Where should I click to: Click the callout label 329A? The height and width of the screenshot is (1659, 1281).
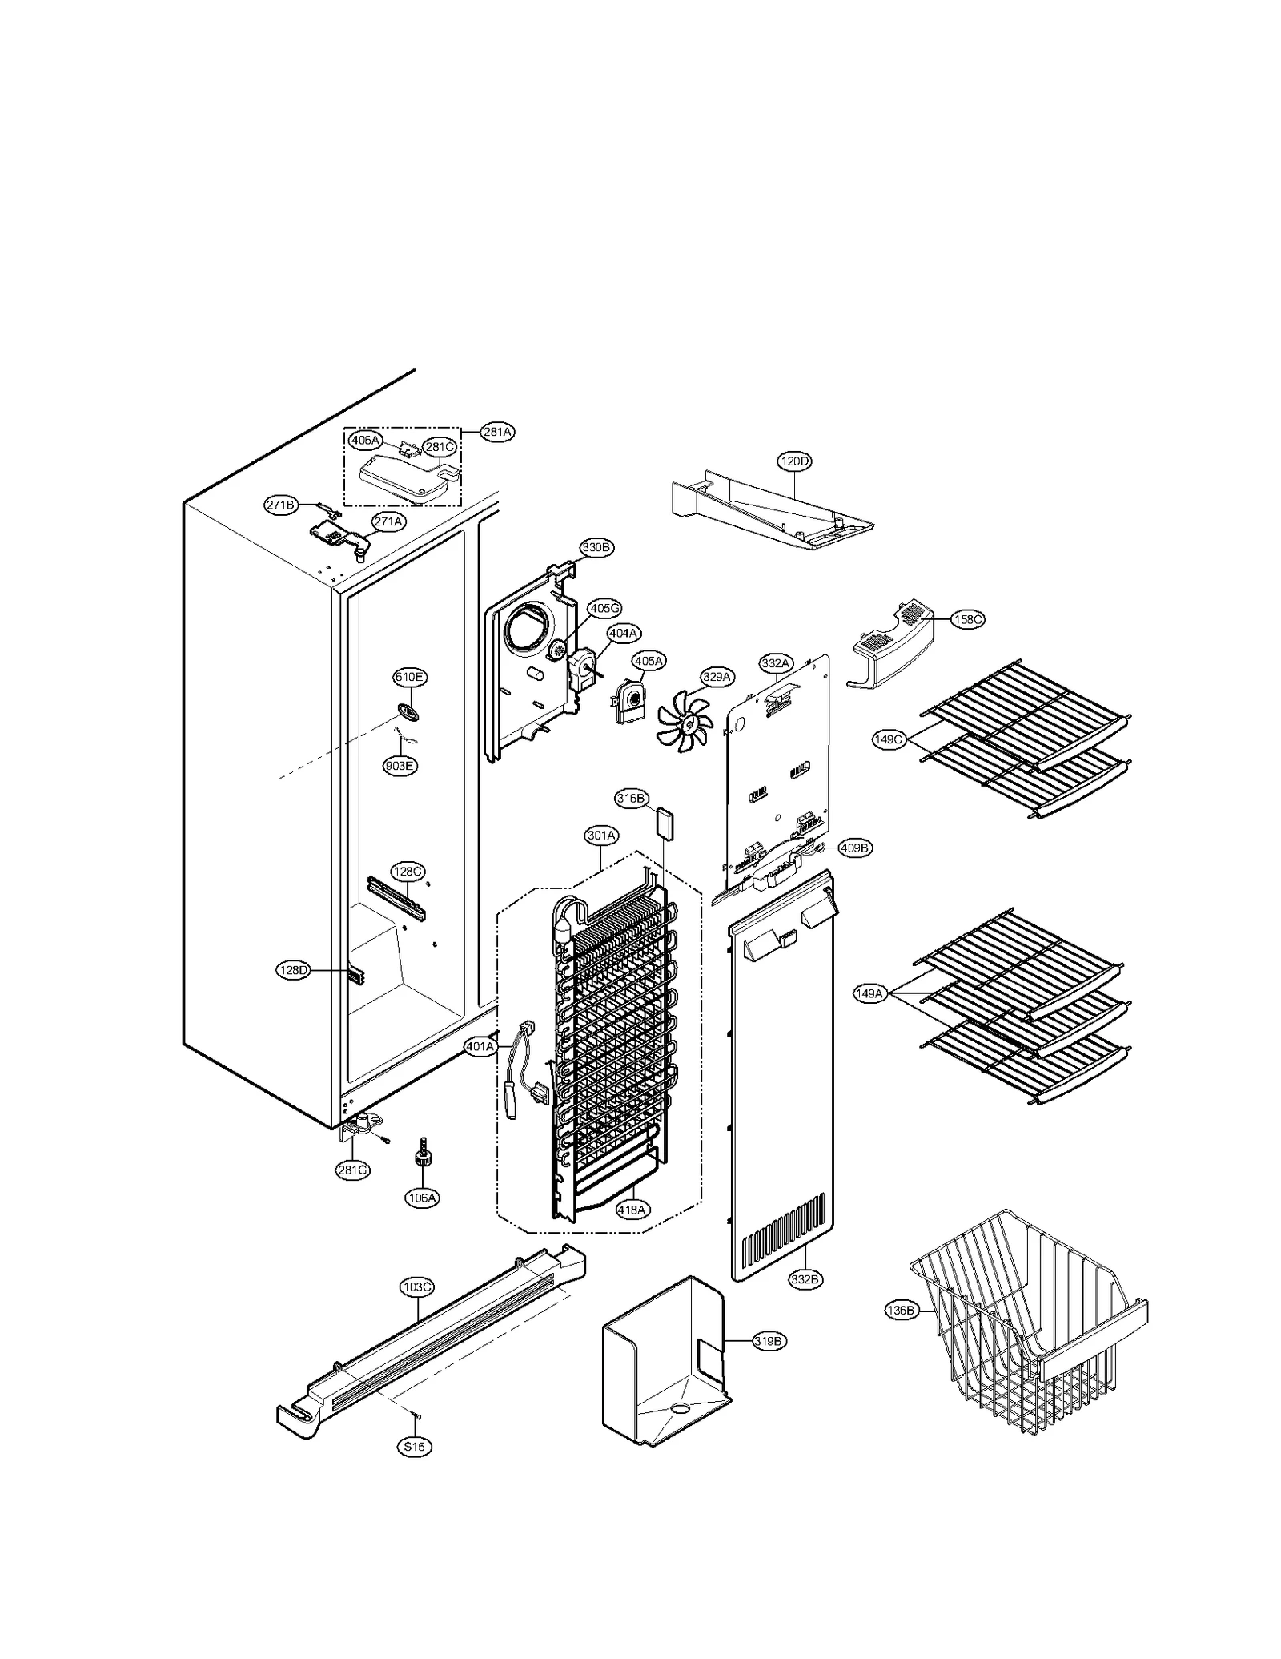717,677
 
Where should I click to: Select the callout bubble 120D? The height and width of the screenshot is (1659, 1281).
794,461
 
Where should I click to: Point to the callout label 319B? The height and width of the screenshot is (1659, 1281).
769,1341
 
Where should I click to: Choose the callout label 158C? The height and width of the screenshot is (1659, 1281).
967,619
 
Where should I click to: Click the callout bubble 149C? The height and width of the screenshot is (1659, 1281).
888,739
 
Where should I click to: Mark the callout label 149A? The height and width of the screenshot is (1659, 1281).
870,994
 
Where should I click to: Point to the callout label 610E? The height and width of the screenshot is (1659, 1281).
408,678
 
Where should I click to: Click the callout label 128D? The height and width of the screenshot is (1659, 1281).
293,971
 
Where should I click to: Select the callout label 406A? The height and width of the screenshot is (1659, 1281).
365,440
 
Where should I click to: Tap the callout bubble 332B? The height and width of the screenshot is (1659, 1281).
805,1279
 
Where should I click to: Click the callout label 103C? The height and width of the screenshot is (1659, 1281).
417,1287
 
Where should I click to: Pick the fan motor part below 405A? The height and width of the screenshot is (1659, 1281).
630,700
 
